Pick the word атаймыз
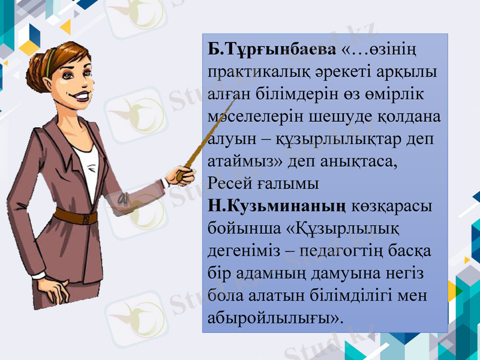(x=236, y=161)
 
